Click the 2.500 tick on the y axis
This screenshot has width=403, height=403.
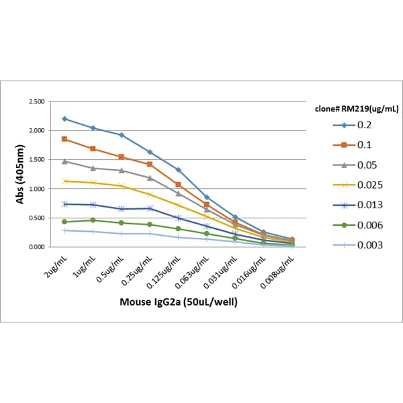(x=34, y=101)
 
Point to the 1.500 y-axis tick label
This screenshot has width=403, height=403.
(x=34, y=160)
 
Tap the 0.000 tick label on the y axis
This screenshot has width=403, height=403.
(x=34, y=247)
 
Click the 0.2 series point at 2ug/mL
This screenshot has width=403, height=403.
(x=64, y=119)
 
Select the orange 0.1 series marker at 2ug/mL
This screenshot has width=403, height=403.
(x=64, y=139)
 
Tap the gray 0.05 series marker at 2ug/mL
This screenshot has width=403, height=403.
(x=64, y=161)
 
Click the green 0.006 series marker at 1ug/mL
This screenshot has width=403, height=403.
(x=93, y=220)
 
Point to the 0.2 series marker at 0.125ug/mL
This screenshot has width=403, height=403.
(x=178, y=170)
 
